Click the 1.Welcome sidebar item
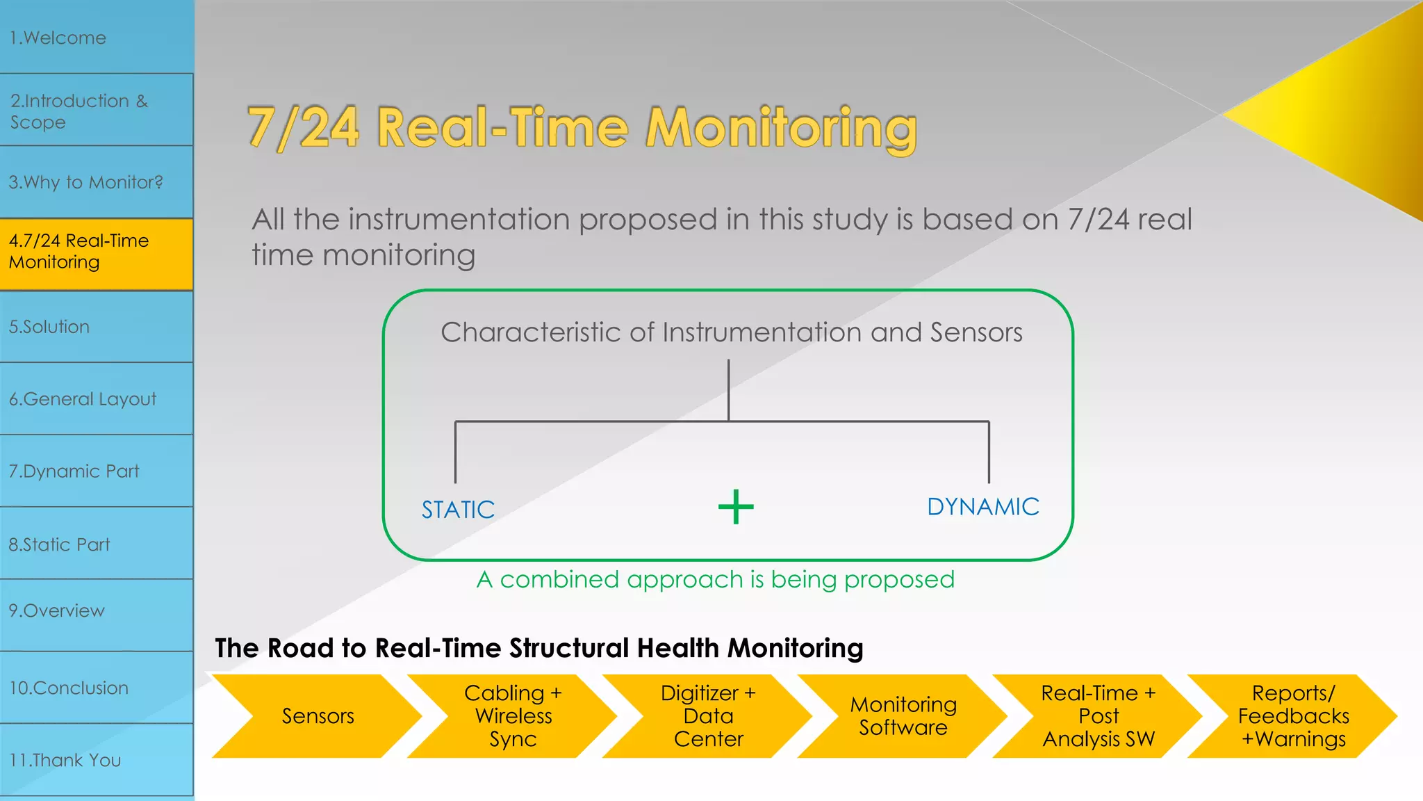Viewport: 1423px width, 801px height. [96, 38]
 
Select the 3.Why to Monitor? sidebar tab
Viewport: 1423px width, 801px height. [96, 182]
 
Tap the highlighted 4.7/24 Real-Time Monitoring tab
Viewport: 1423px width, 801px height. [96, 252]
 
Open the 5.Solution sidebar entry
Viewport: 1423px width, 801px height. [96, 327]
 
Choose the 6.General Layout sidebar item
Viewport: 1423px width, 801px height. [96, 399]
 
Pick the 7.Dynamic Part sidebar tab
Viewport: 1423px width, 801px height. [96, 471]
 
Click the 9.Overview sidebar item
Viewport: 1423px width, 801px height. [96, 610]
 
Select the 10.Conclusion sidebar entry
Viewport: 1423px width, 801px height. [96, 688]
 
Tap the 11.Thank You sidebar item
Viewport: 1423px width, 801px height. [96, 760]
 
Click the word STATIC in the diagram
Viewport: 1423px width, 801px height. [458, 510]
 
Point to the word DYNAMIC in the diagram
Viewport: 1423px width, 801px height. [982, 507]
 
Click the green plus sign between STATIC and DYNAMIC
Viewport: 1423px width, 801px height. [736, 507]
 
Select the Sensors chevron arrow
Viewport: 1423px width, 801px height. [318, 716]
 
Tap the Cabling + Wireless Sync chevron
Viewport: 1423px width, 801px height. [513, 716]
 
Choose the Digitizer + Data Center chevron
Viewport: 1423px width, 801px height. [708, 716]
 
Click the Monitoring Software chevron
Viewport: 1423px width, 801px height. [903, 716]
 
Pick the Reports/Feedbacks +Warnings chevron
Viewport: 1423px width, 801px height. [1293, 716]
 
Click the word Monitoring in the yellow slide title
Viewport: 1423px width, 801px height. [781, 128]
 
